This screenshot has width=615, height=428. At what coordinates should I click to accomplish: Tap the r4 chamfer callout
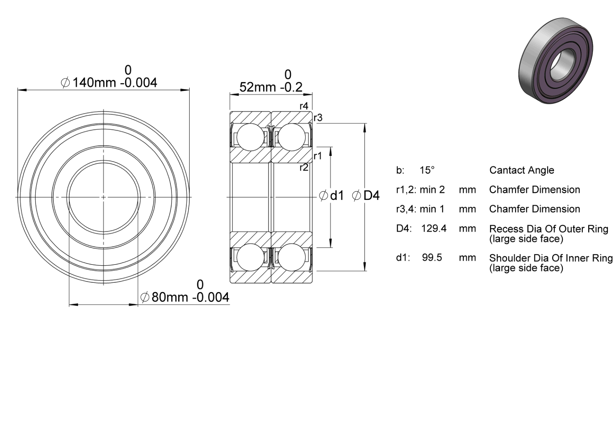coord(304,106)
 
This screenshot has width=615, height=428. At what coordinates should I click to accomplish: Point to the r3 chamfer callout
coord(318,118)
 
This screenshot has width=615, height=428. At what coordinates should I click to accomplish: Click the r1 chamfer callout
coord(318,156)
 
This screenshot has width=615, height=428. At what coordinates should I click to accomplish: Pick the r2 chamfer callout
coord(304,167)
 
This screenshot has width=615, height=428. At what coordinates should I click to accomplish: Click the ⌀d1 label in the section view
coord(331,196)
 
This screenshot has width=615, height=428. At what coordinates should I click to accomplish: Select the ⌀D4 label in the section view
coord(366,196)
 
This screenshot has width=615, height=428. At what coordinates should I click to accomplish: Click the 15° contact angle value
coord(427,170)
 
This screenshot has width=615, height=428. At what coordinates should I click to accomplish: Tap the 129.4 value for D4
coord(434,228)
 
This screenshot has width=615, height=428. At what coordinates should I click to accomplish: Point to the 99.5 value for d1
coord(432,257)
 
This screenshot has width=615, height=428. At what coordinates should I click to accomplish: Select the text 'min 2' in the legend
coord(432,190)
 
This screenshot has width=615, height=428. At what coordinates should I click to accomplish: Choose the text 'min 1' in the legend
coord(432,209)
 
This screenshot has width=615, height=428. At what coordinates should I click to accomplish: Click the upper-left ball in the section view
coord(250,137)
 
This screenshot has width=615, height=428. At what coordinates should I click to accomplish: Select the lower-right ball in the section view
coord(292,257)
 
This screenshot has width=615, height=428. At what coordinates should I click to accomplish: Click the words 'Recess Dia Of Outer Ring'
coord(549,229)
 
